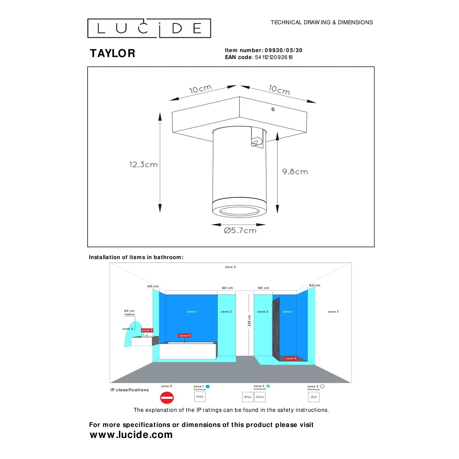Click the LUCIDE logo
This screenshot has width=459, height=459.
point(149,28)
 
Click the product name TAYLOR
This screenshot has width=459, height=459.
point(112,53)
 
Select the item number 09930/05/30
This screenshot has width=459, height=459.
point(283,50)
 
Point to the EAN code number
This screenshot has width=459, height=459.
point(273,57)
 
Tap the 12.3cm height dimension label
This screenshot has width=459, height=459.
point(143,165)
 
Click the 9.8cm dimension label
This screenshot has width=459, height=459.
point(295,172)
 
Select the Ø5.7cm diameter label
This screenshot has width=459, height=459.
point(240,231)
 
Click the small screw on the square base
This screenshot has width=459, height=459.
point(273,109)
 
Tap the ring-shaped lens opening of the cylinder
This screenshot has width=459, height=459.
point(240,211)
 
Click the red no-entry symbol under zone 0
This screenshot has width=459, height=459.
point(167,397)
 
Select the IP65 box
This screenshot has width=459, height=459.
point(200,397)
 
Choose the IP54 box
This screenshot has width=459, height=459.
point(248,397)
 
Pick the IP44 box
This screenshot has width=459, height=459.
point(260,397)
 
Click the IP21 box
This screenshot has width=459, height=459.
point(314,397)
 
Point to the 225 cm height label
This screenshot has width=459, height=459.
point(249,321)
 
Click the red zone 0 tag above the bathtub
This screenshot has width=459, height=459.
point(185,335)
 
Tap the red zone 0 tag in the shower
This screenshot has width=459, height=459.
point(291,358)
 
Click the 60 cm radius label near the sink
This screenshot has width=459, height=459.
point(129,313)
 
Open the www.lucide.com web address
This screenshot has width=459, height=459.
point(131,435)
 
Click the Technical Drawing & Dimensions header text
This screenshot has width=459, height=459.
point(321,22)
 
